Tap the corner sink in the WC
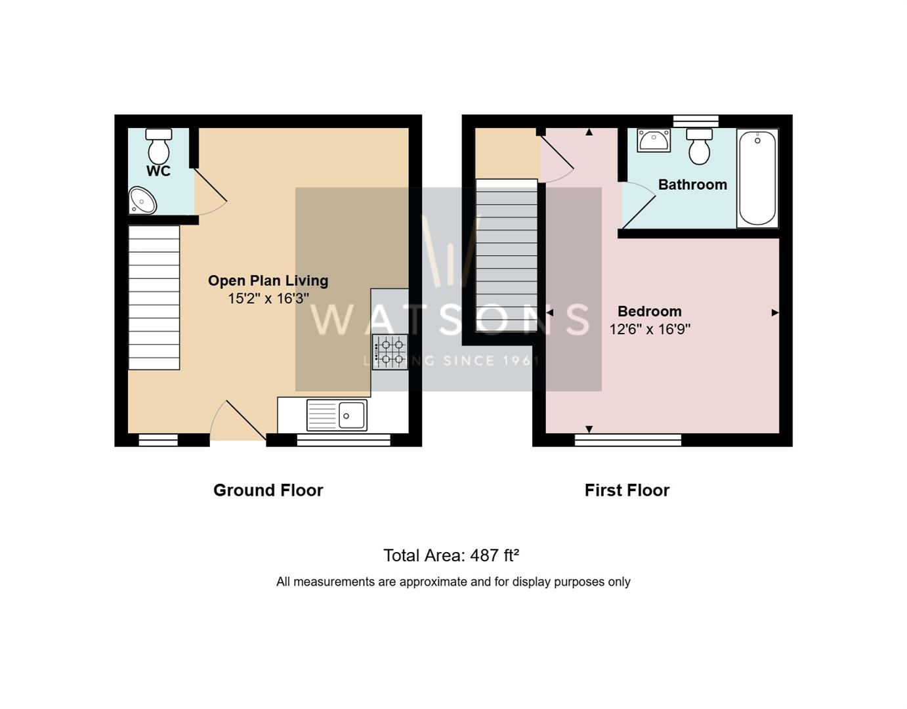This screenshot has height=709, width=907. pos(142,201)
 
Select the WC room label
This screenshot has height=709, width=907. pos(159,171)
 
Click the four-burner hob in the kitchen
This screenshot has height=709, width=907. pos(390,352)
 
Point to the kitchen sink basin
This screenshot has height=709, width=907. pos(352,415)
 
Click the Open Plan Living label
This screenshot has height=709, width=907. pos(268,281)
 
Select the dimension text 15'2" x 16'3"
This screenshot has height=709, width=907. pos(268,299)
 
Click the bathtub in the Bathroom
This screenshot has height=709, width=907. pos(757,178)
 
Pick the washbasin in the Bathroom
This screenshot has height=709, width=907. pos(654,140)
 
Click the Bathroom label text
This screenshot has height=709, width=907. pos(693,185)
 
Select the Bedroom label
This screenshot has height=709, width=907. pos(650,311)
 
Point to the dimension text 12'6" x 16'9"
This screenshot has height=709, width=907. pos(650,330)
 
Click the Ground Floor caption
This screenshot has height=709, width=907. pos(268,490)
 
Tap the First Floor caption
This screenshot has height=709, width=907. pos(627,490)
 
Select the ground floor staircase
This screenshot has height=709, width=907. pos(154,297)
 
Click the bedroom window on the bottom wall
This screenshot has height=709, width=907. pos(628,440)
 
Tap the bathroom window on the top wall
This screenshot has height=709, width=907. pos(696,121)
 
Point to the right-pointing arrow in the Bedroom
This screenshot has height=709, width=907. pos(775,312)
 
